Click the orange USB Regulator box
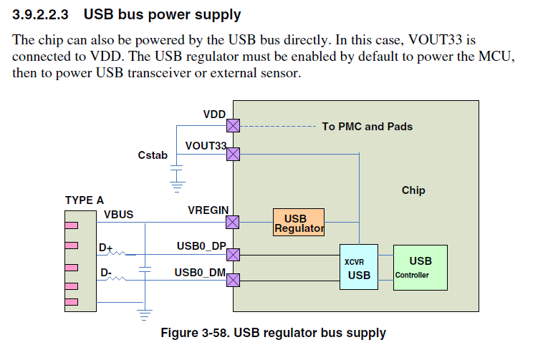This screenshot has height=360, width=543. pyautogui.click(x=299, y=223)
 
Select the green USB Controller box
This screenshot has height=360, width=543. pyautogui.click(x=420, y=267)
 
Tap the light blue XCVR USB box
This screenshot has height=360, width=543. pyautogui.click(x=359, y=267)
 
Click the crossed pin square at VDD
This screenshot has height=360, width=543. pyautogui.click(x=233, y=125)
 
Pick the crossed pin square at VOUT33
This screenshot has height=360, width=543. pyautogui.click(x=233, y=153)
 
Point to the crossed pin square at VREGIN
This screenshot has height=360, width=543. pyautogui.click(x=233, y=222)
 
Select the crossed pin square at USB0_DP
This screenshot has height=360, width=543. pyautogui.click(x=233, y=254)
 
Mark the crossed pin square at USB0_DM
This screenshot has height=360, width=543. pyautogui.click(x=233, y=279)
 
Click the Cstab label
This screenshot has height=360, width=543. pyautogui.click(x=153, y=155)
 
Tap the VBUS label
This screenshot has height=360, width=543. pyautogui.click(x=118, y=215)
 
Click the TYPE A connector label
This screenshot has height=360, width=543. pyautogui.click(x=84, y=200)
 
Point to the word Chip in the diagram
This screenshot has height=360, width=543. pyautogui.click(x=413, y=190)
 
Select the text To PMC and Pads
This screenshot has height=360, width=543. pyautogui.click(x=367, y=127)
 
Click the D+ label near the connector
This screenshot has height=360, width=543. pyautogui.click(x=106, y=248)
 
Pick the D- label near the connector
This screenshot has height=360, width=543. pyautogui.click(x=105, y=273)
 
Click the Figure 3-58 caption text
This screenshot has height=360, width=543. pyautogui.click(x=273, y=333)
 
